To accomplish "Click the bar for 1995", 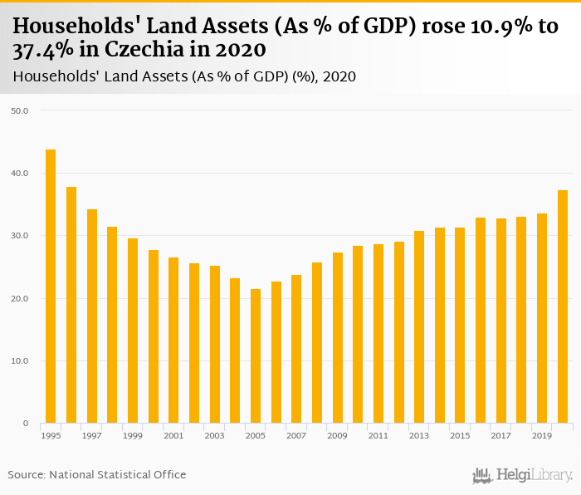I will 51,287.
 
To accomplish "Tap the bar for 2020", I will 563,306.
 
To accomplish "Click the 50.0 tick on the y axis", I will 19,110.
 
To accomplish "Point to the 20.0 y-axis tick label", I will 19,298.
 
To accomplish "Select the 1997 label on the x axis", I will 91,435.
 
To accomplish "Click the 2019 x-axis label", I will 542,435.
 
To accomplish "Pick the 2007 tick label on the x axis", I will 296,435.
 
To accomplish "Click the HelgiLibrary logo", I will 522,475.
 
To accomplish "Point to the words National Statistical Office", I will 118,474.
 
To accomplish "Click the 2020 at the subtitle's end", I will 339,77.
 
